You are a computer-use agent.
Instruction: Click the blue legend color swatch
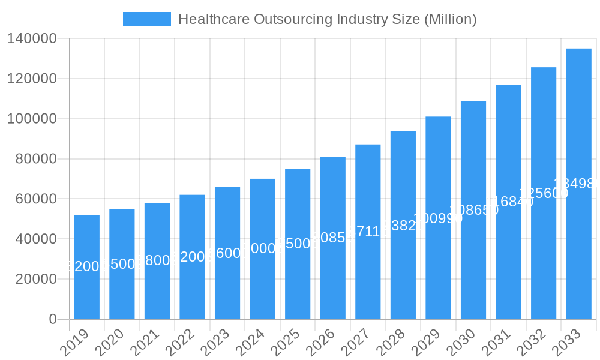[x=147, y=19]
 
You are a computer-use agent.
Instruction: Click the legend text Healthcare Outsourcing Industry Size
[x=327, y=19]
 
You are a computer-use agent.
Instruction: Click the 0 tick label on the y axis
[x=53, y=319]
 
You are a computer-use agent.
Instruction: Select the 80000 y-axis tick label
[x=35, y=159]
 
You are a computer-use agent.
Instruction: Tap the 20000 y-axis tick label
[x=35, y=279]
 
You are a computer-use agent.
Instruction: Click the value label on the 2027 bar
[x=368, y=232]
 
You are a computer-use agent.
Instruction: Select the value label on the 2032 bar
[x=544, y=193]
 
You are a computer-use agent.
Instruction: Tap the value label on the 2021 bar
[x=157, y=260]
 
